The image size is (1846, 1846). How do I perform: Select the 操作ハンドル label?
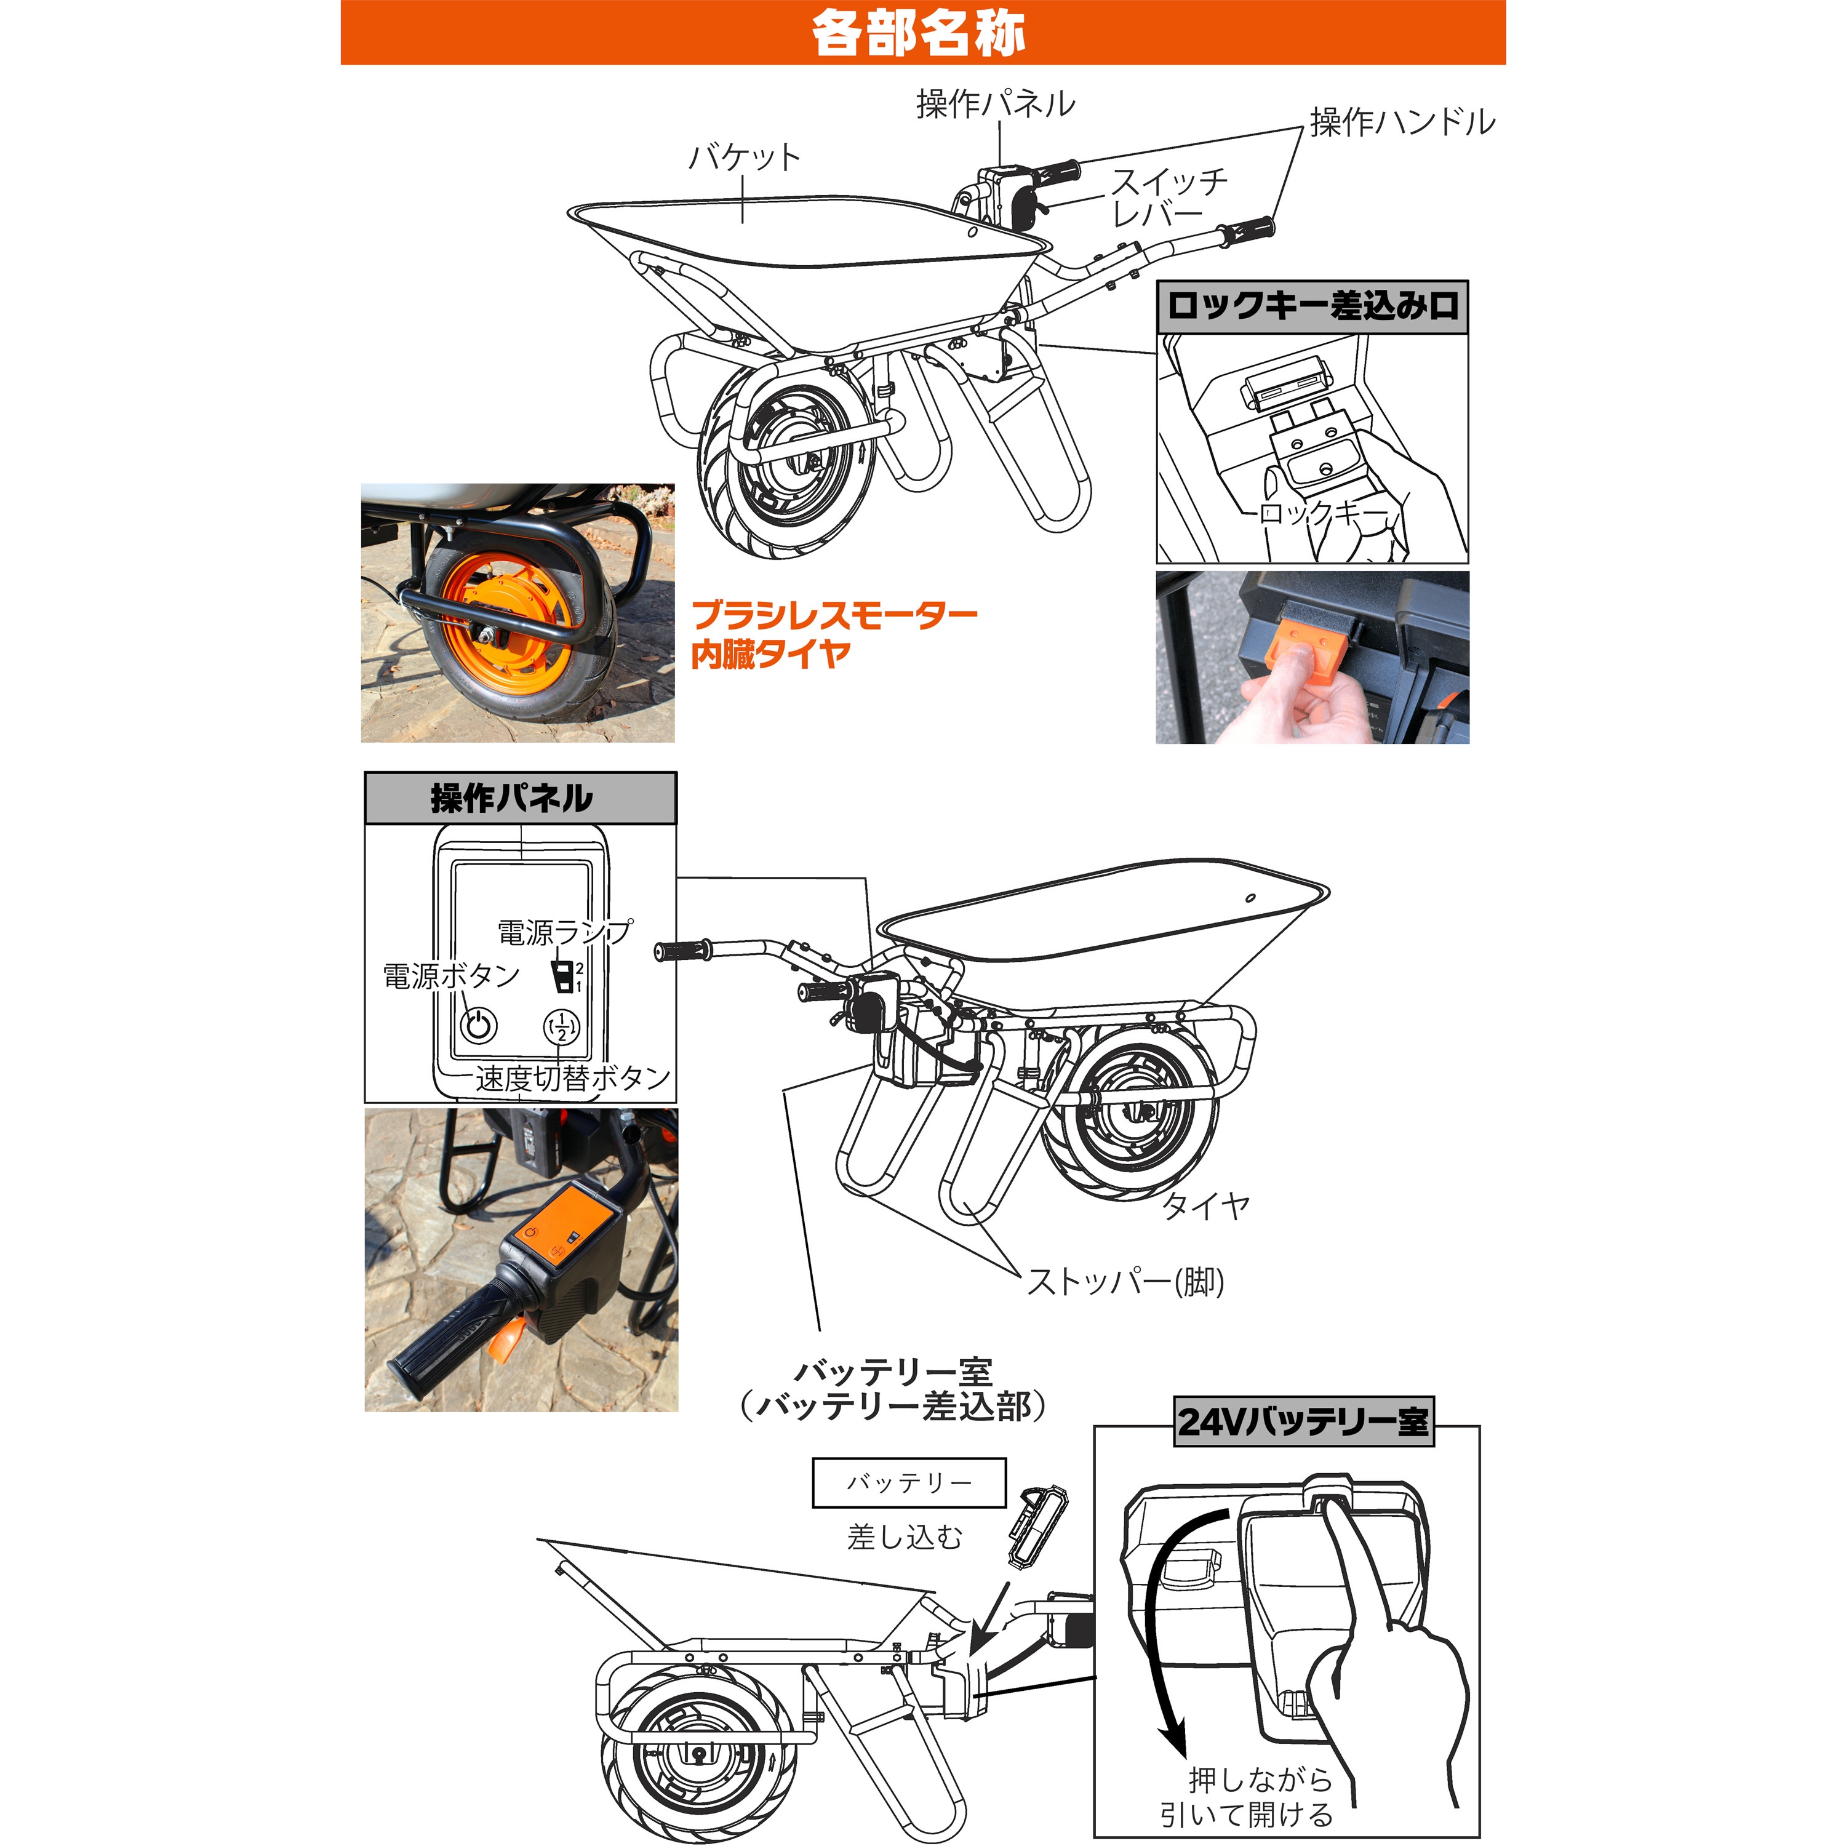[1402, 121]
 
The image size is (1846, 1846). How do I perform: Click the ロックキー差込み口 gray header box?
[1312, 306]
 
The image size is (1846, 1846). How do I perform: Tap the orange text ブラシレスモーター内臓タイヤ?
[833, 634]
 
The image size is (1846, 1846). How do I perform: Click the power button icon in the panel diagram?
[479, 1027]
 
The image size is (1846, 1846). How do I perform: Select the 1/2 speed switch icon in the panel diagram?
[562, 1027]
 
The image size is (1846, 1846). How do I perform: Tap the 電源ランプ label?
[564, 932]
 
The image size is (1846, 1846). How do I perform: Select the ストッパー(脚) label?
[1125, 1281]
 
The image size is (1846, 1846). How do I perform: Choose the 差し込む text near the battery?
[905, 1537]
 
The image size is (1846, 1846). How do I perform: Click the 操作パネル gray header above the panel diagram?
[520, 798]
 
